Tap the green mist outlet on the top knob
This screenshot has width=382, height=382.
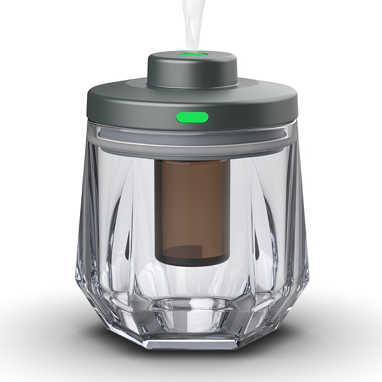(191, 54)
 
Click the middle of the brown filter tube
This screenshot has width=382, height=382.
(191, 205)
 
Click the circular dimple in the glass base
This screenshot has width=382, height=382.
(191, 313)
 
